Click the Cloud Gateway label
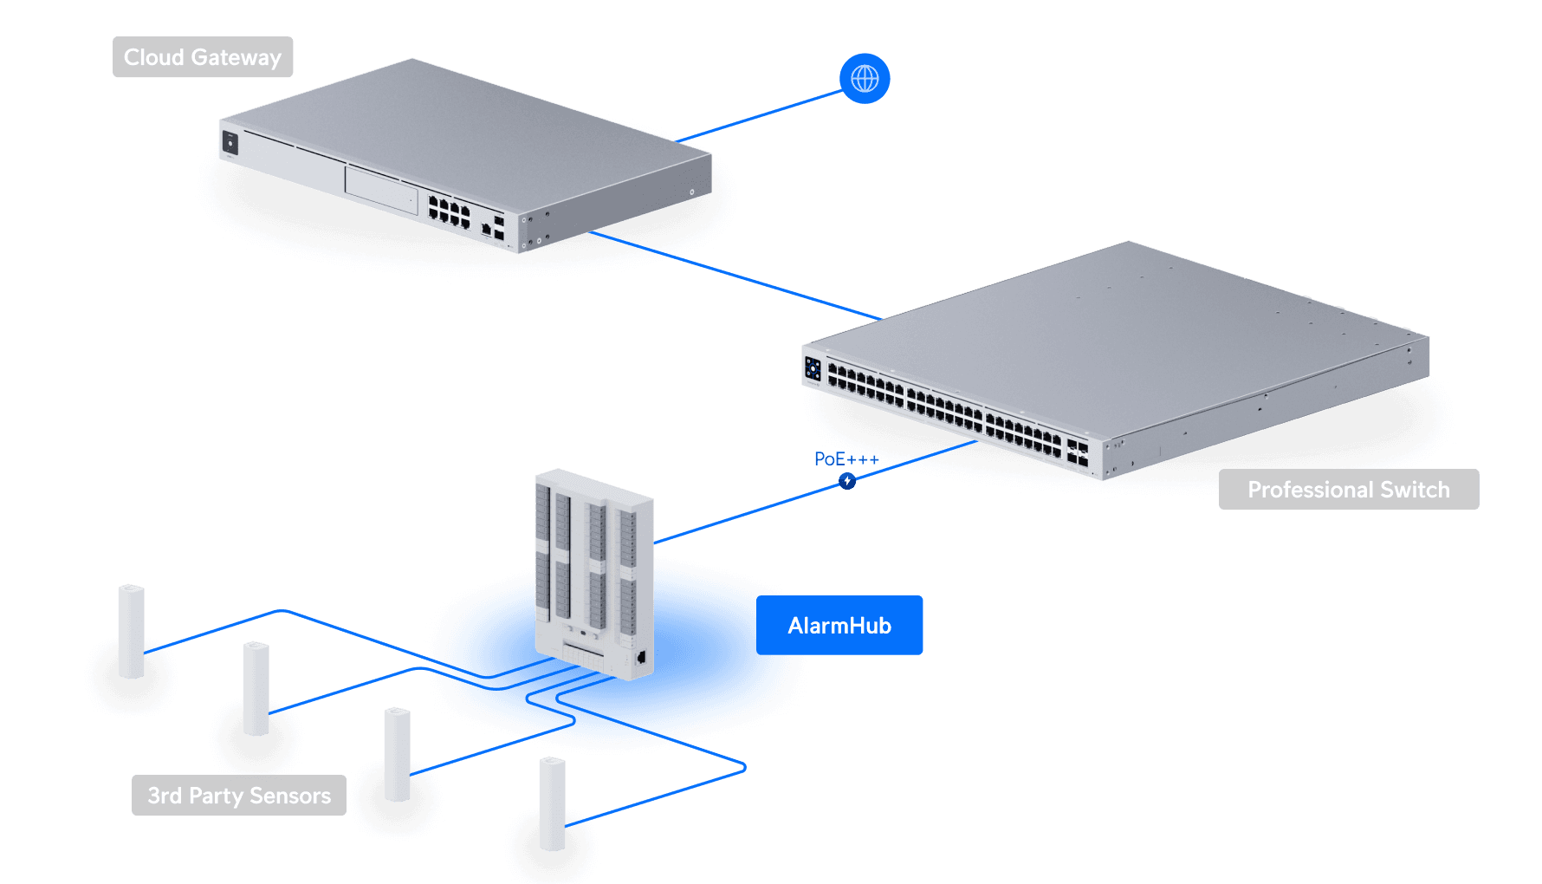tap(203, 57)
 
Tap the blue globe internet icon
tap(865, 79)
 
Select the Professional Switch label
tap(1348, 490)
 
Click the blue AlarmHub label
tap(839, 625)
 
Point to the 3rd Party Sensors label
tap(238, 796)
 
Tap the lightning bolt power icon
tap(847, 481)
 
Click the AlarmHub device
tap(593, 572)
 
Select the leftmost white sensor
tap(132, 631)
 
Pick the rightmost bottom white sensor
tap(553, 803)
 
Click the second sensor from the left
tap(256, 688)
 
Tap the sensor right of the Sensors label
tap(398, 754)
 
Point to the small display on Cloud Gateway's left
tap(230, 142)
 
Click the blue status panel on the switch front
tap(813, 368)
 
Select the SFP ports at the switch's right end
tap(1078, 452)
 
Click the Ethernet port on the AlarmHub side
tap(641, 657)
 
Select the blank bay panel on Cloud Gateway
tap(382, 190)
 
